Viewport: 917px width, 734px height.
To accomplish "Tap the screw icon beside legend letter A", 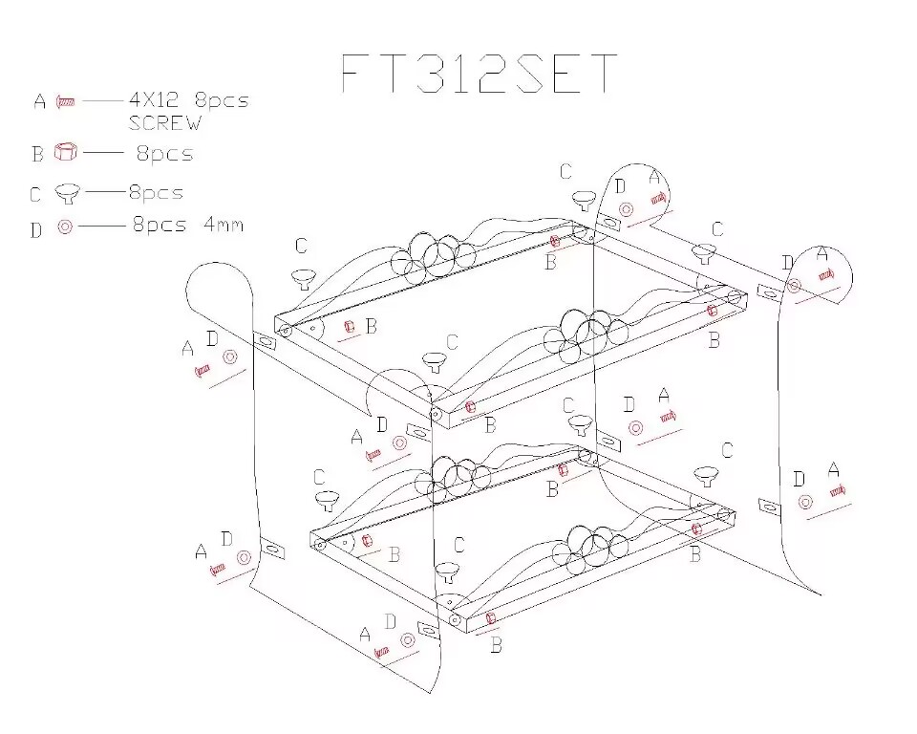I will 66,100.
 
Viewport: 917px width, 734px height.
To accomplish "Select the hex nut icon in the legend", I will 66,152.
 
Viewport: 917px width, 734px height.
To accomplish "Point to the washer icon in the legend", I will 65,227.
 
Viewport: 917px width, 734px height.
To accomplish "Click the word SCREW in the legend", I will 164,122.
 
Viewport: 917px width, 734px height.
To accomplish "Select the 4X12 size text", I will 157,99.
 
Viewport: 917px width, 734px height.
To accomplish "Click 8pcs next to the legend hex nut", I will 163,153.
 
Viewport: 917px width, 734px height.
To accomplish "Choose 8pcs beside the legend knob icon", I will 156,192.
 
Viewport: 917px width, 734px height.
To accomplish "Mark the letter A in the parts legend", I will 39,101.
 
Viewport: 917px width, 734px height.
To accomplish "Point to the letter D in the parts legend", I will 36,229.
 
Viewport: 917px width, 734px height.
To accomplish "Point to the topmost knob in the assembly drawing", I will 583,199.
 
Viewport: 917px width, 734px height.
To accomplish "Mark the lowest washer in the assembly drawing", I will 408,639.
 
